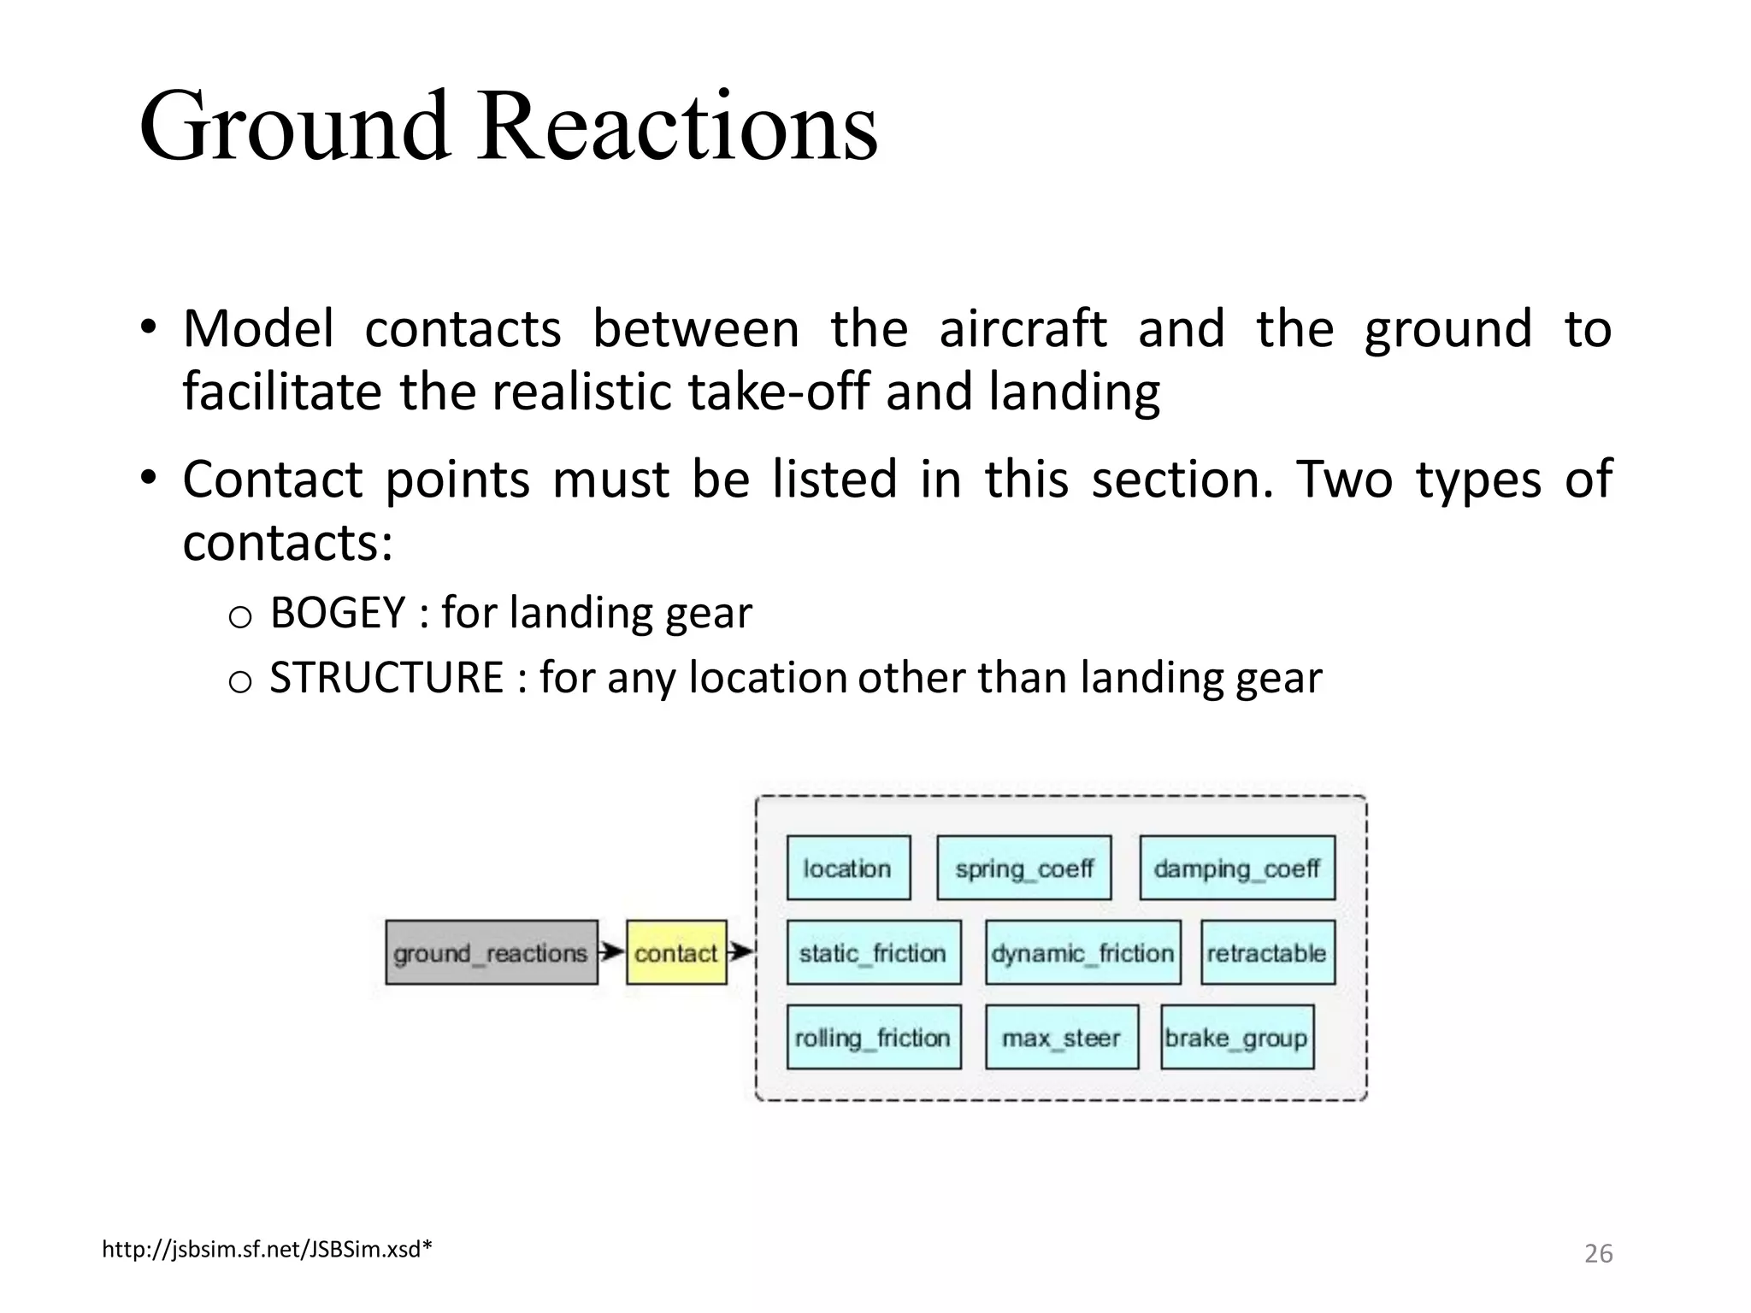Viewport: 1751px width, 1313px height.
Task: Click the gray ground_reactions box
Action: [x=491, y=952]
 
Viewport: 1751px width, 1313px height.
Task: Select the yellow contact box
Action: [x=675, y=952]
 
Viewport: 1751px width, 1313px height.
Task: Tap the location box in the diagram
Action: [x=847, y=868]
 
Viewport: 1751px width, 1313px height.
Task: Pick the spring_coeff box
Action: [x=1023, y=868]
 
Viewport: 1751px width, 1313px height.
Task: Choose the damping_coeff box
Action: [x=1236, y=868]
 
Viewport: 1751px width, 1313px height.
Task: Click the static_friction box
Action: [x=873, y=952]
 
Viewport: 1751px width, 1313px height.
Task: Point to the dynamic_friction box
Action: [x=1082, y=952]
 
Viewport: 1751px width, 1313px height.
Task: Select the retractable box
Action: [x=1266, y=952]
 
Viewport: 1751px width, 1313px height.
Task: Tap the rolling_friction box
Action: [x=873, y=1037]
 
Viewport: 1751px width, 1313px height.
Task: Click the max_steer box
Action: [x=1061, y=1037]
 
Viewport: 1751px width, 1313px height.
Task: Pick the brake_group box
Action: [x=1236, y=1037]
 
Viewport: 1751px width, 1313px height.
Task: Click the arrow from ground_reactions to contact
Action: [x=611, y=951]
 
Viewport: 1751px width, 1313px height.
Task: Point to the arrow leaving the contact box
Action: [x=740, y=951]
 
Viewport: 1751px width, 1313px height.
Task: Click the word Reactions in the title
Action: [x=676, y=128]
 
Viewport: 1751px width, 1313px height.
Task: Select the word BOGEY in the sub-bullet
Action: [x=337, y=613]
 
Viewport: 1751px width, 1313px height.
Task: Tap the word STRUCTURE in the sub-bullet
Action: [x=386, y=678]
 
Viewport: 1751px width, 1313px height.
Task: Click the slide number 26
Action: [x=1597, y=1253]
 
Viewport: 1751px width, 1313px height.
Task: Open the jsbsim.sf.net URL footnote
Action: [x=267, y=1250]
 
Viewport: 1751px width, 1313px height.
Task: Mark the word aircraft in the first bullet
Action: [x=1022, y=329]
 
